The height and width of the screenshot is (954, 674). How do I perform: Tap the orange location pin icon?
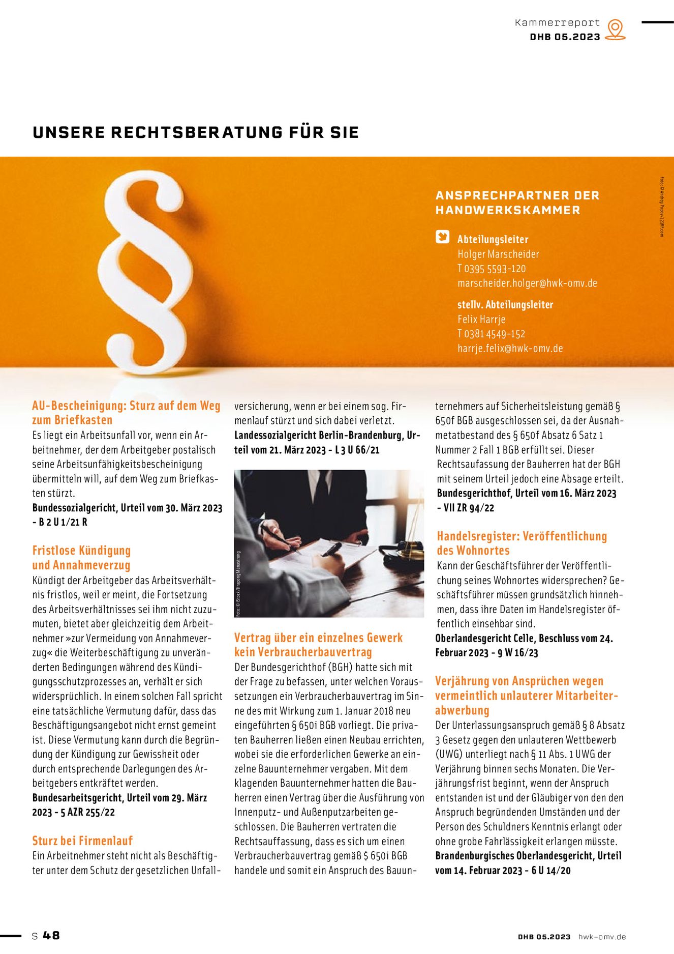pos(616,29)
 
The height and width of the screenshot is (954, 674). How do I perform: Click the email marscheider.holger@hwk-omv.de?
pos(527,283)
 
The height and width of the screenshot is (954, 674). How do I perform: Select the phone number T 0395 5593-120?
pos(492,269)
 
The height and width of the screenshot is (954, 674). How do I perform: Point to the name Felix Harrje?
pos(481,320)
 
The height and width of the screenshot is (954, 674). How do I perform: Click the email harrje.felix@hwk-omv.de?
pos(510,349)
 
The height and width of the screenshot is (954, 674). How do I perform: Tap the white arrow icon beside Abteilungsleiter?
pos(443,237)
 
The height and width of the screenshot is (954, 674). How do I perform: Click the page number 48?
pos(51,935)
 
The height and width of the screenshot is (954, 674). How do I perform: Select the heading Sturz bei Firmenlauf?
pos(82,841)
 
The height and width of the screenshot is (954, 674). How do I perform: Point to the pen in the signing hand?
pos(331,550)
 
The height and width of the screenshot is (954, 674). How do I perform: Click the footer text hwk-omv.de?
pos(602,937)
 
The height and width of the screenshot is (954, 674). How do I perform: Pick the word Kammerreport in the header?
pos(557,23)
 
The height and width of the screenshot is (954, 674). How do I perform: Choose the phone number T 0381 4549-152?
pos(492,334)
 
